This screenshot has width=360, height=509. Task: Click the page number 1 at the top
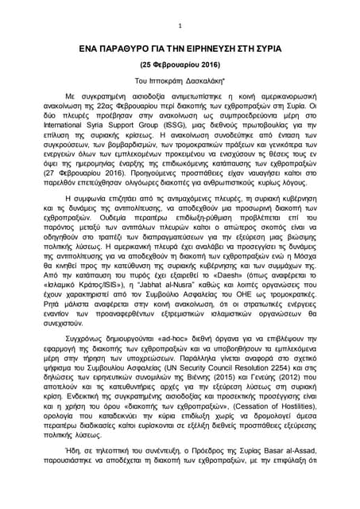click(180, 25)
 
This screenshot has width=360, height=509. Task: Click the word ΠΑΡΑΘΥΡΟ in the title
click(127, 48)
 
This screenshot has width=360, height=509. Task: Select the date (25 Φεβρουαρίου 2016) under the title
click(180, 64)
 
